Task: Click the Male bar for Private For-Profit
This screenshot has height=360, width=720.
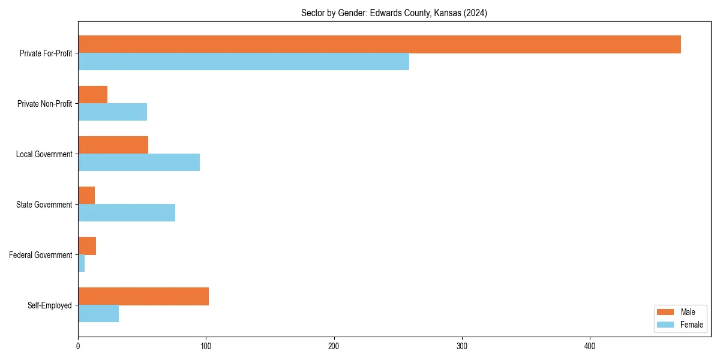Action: [x=379, y=44]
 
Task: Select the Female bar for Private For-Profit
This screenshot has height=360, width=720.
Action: [x=244, y=62]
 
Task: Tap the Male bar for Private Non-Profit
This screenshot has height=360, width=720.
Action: [x=92, y=95]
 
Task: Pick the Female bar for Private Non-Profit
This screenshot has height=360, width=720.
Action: [x=112, y=112]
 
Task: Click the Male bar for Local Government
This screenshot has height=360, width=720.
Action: [x=113, y=145]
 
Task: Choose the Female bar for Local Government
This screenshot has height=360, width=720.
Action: [x=139, y=163]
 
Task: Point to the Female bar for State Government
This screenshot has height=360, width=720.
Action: [x=127, y=213]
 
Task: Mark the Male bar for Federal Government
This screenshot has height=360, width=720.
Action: [x=87, y=246]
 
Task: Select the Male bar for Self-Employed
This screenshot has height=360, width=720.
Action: [x=143, y=296]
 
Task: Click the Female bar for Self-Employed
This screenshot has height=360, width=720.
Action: [x=98, y=314]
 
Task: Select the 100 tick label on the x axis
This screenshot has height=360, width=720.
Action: [x=206, y=346]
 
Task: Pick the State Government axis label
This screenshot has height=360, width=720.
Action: [x=44, y=205]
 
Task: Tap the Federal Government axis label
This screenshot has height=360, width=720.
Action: [x=41, y=255]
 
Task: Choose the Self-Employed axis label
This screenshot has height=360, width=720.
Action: [x=49, y=305]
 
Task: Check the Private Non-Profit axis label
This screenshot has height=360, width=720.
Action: [x=44, y=104]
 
